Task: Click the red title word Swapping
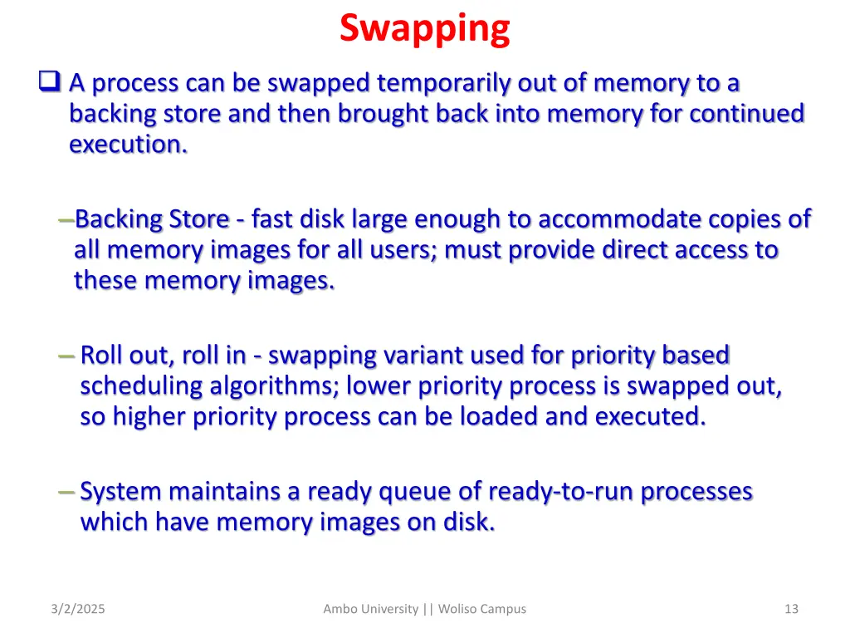coord(424,29)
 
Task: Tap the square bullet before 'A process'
coord(49,82)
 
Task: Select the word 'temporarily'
coord(444,83)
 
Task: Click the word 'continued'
coord(747,114)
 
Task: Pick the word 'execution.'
coord(128,145)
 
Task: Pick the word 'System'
coord(120,492)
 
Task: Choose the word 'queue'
coord(414,492)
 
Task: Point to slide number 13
coord(791,609)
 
